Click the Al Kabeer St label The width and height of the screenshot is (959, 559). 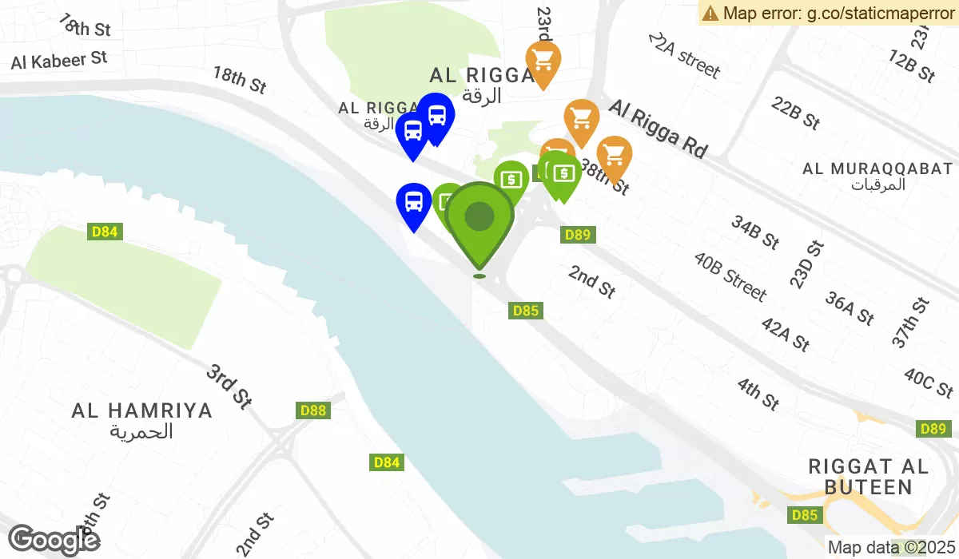tap(59, 59)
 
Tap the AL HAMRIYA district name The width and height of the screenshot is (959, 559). tap(142, 410)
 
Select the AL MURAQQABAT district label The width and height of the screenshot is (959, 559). tap(877, 168)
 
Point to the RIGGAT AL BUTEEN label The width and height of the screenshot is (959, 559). tap(868, 477)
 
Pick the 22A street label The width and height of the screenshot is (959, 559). tap(684, 56)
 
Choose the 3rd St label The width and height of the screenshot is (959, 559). tap(229, 387)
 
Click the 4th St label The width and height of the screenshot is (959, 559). tap(758, 394)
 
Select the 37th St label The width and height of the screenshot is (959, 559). tap(912, 322)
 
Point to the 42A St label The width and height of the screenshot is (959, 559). tap(786, 333)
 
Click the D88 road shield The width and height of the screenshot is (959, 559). tap(313, 410)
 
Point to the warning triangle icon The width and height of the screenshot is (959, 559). tap(710, 13)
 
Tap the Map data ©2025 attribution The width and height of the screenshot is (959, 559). tap(889, 548)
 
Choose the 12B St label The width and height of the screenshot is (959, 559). tap(911, 66)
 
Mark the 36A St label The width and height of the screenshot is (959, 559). tap(850, 309)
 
